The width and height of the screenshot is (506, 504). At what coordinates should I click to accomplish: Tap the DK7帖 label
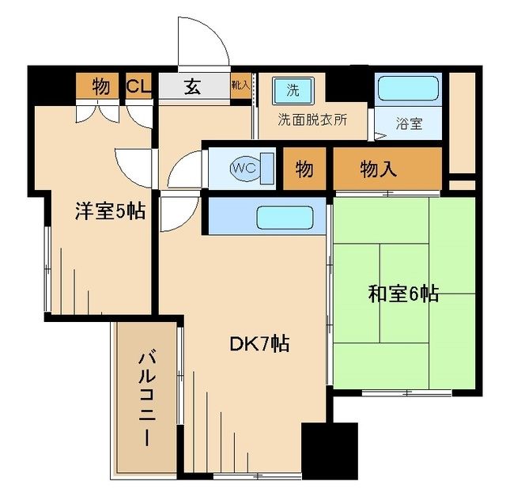[259, 344]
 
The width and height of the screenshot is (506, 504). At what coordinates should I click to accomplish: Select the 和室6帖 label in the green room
[403, 294]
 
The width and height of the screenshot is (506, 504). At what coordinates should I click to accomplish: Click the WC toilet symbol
[242, 167]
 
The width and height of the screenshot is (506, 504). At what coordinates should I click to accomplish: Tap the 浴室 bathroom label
[409, 124]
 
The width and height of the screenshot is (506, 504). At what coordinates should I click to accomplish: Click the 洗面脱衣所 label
[312, 121]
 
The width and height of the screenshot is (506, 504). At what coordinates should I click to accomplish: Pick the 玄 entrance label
[192, 85]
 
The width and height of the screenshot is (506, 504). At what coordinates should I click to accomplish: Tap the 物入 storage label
[379, 169]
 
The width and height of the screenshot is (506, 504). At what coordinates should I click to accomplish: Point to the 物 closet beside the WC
[304, 169]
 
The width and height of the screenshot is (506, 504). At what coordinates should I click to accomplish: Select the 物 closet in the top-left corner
[100, 85]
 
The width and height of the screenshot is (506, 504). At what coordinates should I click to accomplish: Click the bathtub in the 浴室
[407, 89]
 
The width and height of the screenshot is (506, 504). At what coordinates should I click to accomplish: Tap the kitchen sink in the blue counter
[285, 216]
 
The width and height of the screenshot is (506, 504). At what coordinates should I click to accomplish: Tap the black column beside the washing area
[349, 84]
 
